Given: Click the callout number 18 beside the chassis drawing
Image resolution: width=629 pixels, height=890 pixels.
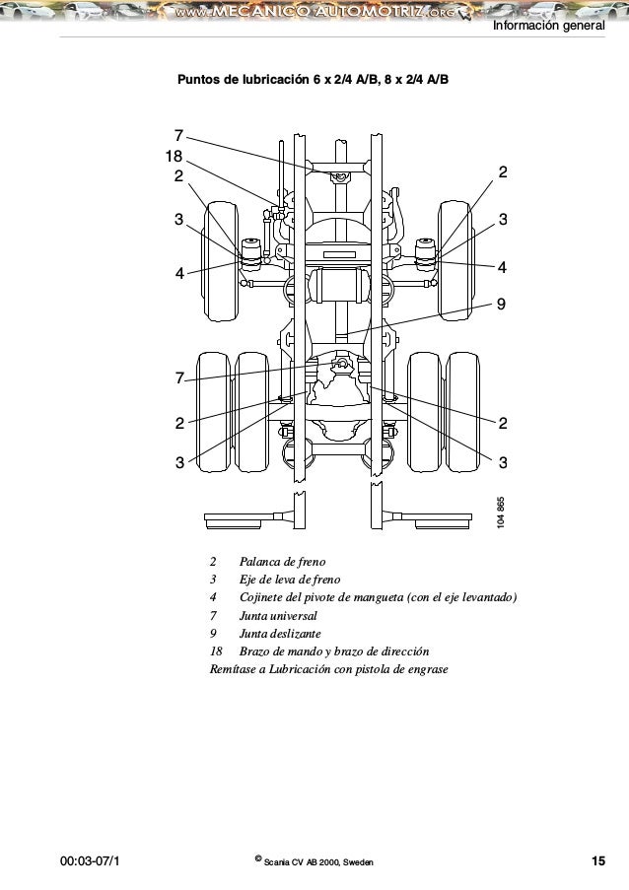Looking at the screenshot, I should point(174,157).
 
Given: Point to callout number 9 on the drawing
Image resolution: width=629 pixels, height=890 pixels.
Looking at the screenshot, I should point(503,305).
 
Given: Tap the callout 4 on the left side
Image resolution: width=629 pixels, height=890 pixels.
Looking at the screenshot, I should point(179,274).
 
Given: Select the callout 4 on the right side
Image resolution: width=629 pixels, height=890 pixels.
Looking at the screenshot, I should point(503,267).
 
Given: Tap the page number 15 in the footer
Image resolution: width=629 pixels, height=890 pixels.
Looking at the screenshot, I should point(597,862).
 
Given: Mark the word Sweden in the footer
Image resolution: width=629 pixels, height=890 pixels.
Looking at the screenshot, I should point(357,863).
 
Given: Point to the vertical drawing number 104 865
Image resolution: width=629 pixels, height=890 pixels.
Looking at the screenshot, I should point(502,513).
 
